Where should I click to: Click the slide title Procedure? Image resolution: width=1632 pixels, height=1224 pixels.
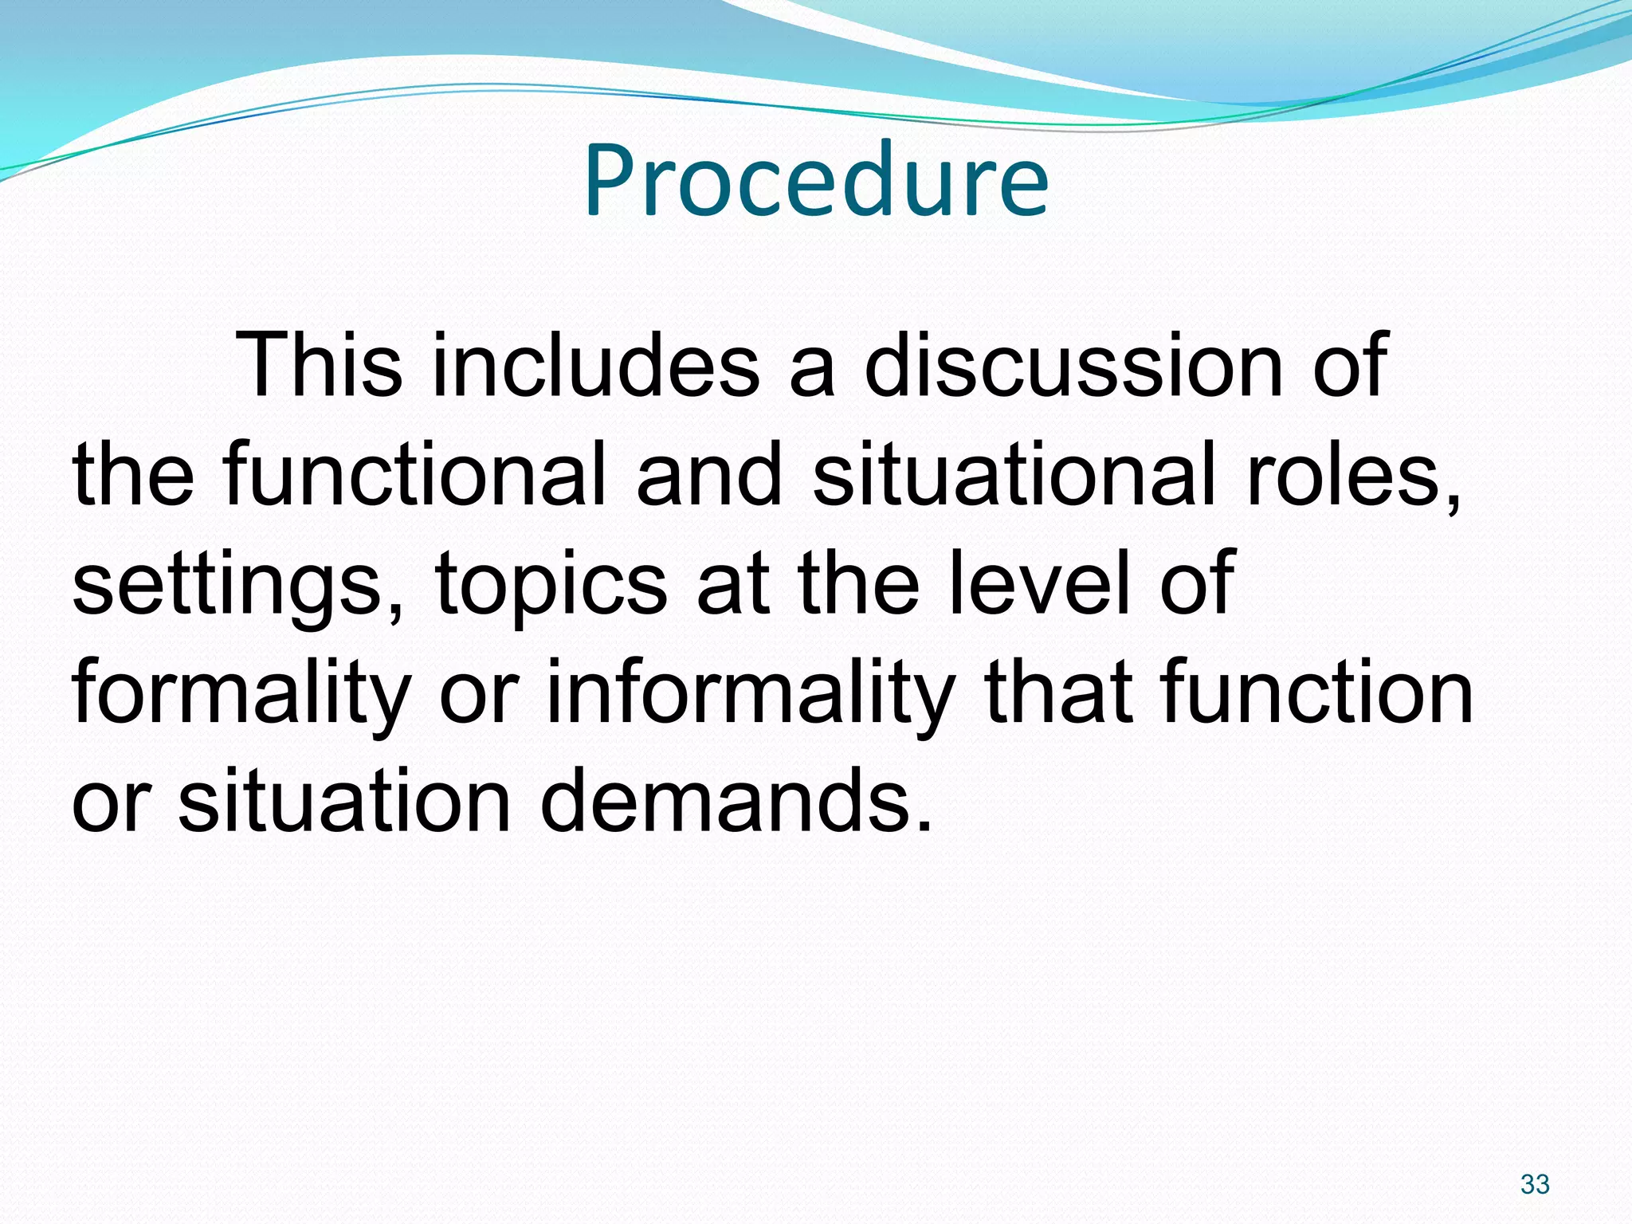pos(816,180)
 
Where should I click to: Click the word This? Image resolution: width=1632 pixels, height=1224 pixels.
pos(319,365)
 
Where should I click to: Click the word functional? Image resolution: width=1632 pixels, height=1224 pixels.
pos(414,476)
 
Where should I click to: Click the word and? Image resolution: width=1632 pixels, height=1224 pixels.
pos(709,476)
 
